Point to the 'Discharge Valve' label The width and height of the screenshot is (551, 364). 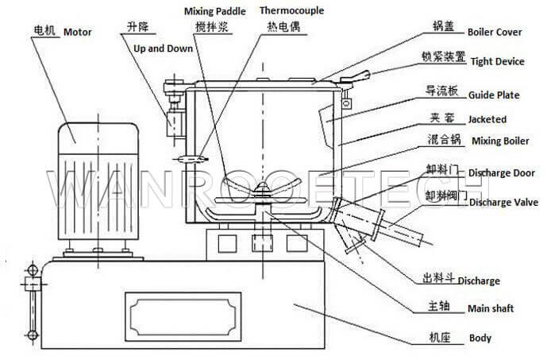(x=503, y=203)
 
